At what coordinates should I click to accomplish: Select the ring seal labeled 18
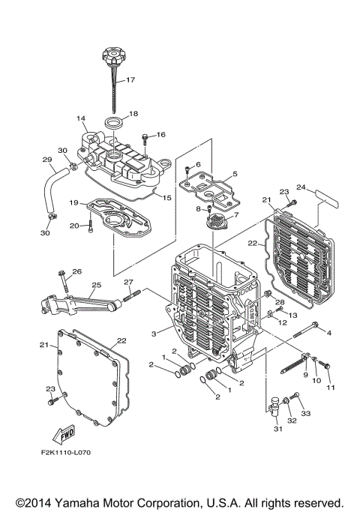point(113,121)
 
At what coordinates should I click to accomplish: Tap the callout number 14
point(81,118)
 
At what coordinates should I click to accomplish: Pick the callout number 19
point(75,202)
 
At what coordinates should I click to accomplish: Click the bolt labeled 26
point(66,283)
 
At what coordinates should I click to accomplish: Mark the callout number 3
point(154,333)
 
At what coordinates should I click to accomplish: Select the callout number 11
point(331,387)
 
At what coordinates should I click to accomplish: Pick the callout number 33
point(305,414)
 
